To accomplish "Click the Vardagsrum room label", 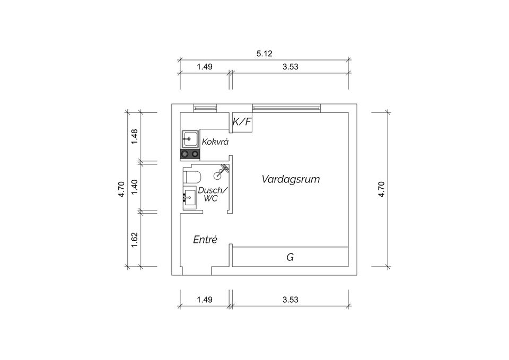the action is [x=291, y=179].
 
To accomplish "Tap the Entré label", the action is [x=205, y=240].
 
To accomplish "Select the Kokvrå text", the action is [x=215, y=142].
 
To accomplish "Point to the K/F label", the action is [x=242, y=122].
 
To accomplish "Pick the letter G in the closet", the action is [x=290, y=257].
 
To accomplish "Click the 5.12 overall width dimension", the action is [x=264, y=54].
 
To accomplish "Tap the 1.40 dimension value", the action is [x=135, y=187].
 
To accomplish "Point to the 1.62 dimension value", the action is [x=135, y=240].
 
